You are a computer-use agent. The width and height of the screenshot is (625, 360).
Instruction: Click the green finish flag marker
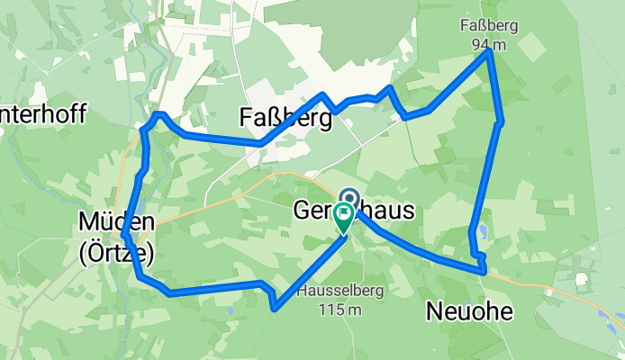(343, 216)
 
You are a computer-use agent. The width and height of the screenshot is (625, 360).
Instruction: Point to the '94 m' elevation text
(487, 44)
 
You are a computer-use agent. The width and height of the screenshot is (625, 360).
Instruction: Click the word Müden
(116, 221)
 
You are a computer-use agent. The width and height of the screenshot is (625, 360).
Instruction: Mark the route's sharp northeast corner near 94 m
(489, 52)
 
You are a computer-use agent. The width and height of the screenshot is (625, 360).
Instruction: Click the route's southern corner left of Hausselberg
(273, 308)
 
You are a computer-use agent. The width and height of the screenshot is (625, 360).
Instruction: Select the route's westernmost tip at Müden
(123, 236)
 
